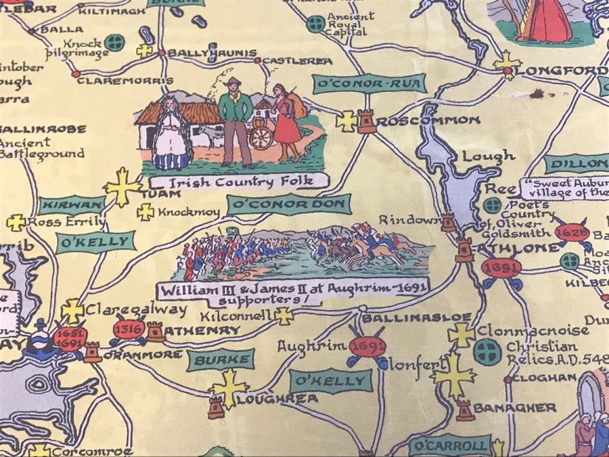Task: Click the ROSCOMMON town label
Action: click(x=428, y=121)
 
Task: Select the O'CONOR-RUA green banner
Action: click(x=369, y=84)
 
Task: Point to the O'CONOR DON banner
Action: click(x=289, y=204)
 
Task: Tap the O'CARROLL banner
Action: click(x=450, y=445)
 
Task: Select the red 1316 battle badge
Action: click(x=128, y=330)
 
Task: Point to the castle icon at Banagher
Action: click(x=464, y=410)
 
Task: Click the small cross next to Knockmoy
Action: click(x=145, y=213)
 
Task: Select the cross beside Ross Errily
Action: click(x=16, y=222)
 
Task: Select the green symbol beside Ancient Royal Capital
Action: click(x=314, y=24)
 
